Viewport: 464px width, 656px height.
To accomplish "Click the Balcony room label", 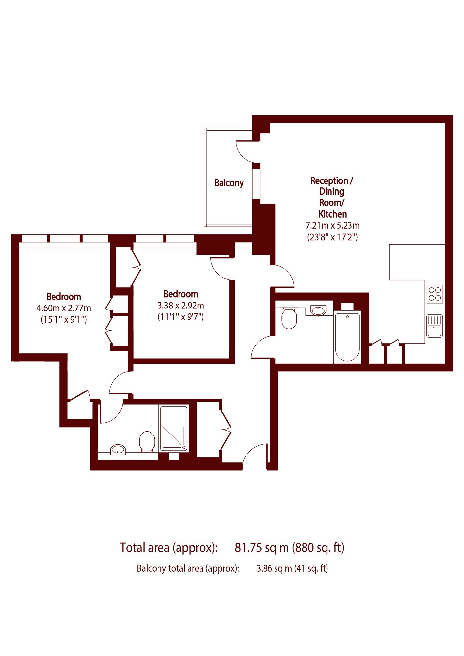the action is [x=229, y=183].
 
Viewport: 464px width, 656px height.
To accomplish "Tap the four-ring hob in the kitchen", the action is [x=434, y=294].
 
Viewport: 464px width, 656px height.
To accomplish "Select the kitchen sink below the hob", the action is [x=434, y=326].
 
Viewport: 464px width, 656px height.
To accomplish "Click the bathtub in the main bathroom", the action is [x=347, y=337].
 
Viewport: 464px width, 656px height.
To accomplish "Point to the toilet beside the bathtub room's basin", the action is [x=289, y=318].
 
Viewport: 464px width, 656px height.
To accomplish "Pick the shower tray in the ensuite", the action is [x=174, y=428].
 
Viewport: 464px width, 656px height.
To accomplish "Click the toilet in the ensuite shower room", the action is [x=147, y=442].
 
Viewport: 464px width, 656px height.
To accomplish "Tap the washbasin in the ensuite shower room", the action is [x=118, y=450].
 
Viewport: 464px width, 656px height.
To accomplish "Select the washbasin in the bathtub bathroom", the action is [x=318, y=310].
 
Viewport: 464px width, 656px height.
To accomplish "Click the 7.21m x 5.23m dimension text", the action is [x=332, y=226].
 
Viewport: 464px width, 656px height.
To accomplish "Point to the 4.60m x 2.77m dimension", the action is [x=64, y=308].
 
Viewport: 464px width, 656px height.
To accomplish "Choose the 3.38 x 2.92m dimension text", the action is [x=181, y=306].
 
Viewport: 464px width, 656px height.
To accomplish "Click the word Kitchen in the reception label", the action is [x=332, y=214].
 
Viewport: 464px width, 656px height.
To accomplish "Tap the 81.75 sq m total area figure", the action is [x=262, y=548].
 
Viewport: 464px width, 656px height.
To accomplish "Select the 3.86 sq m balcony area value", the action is [x=274, y=568].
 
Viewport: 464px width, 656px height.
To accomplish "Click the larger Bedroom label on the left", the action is [x=64, y=297].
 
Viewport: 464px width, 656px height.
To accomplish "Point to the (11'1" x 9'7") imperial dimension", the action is [x=181, y=317].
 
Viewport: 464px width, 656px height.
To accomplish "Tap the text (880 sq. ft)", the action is [x=318, y=548].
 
